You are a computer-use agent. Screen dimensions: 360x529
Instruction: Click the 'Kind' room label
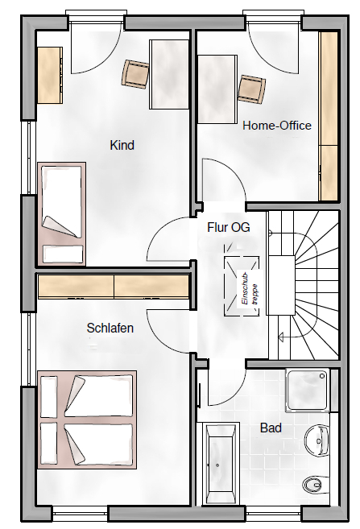122,145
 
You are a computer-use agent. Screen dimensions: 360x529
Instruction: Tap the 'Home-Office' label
277,126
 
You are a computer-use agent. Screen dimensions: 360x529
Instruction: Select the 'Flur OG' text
229,227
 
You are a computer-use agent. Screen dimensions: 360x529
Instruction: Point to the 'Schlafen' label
110,328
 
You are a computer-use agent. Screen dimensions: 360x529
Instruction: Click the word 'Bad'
271,428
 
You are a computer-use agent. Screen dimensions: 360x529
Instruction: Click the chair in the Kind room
135,74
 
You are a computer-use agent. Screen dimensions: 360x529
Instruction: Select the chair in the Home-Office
251,89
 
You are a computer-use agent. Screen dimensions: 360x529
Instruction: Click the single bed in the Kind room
61,214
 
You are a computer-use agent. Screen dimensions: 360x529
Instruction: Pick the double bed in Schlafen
87,420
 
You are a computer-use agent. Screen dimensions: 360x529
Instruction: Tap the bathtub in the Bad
218,464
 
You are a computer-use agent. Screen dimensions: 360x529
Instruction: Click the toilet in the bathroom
316,486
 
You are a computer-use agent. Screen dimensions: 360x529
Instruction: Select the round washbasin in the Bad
317,440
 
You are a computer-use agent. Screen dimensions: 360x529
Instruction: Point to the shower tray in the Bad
308,391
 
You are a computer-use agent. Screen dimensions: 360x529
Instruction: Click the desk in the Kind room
169,74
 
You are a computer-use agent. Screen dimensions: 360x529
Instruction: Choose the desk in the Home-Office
217,89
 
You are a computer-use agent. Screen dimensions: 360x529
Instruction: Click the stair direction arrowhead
280,337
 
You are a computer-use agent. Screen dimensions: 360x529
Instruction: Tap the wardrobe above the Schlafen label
114,287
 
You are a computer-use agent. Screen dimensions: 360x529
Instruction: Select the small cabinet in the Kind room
50,75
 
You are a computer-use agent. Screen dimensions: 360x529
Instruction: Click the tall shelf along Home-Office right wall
329,117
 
